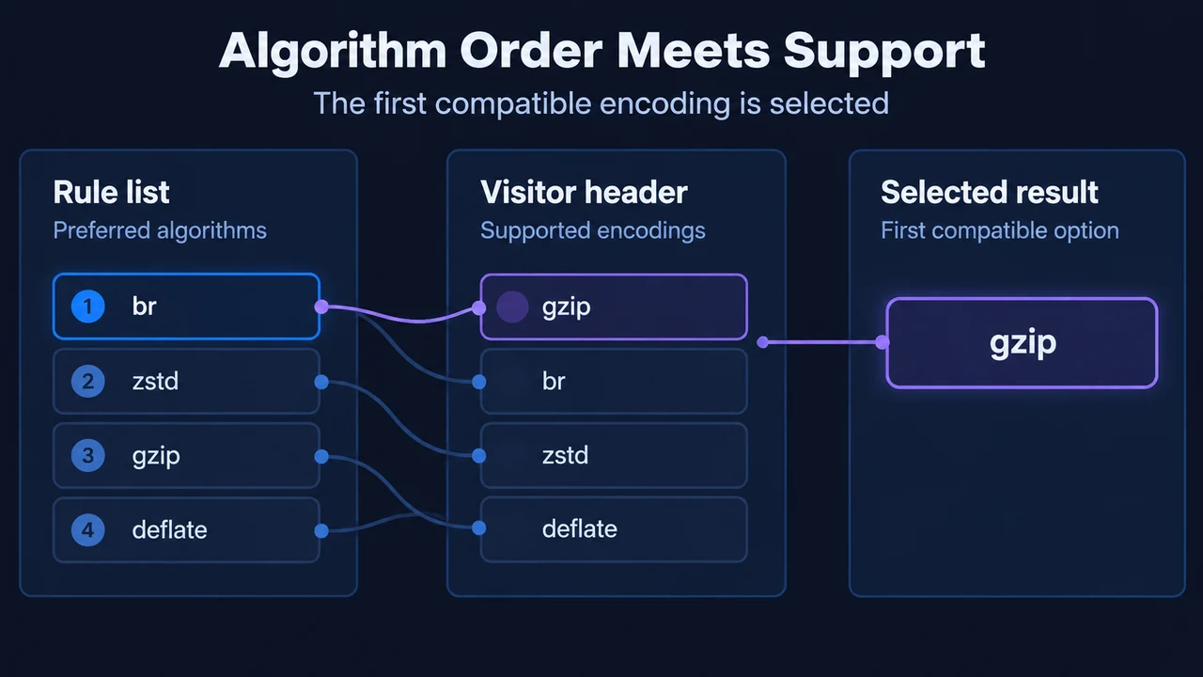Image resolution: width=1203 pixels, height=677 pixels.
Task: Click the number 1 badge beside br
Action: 88,307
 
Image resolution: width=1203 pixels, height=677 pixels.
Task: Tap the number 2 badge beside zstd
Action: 88,381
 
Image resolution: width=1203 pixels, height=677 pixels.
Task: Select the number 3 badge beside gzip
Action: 88,456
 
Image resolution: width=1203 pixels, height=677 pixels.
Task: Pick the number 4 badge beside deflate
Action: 88,529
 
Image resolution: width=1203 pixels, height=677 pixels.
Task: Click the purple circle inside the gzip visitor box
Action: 512,307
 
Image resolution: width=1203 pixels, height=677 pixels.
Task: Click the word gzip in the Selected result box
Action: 1023,343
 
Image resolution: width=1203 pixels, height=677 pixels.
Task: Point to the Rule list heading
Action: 111,192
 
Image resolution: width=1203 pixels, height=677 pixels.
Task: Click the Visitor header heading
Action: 584,192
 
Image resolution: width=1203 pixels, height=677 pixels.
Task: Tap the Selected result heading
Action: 990,192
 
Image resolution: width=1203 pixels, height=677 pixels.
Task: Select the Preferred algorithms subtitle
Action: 160,230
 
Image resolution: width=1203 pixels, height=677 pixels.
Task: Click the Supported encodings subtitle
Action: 593,230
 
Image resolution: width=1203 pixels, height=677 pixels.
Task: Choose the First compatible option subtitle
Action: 1000,230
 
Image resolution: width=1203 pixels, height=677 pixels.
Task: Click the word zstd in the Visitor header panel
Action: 565,455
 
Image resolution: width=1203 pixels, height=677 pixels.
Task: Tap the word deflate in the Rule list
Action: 170,529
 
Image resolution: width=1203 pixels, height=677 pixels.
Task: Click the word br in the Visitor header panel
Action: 554,381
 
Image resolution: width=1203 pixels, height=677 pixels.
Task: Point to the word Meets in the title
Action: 694,51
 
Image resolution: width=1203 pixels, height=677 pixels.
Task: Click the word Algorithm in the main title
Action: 333,52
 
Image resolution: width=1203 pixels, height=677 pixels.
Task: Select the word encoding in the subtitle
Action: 664,103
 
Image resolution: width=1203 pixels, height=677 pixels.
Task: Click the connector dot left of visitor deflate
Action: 479,528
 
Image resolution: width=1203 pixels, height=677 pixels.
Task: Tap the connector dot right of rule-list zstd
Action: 321,382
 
